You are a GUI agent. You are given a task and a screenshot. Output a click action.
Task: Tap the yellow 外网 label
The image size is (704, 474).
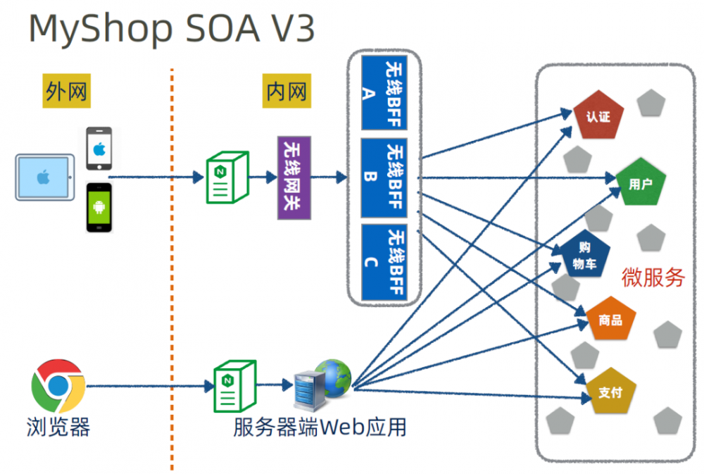tap(68, 91)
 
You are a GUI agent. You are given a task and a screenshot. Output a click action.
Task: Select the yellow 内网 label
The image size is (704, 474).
tap(287, 91)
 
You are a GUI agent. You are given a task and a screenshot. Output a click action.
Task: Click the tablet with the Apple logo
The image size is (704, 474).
tap(45, 177)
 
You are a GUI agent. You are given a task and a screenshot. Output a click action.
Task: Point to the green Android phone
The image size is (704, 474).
tap(99, 207)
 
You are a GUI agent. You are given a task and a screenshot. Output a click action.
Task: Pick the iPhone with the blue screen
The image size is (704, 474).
tap(99, 148)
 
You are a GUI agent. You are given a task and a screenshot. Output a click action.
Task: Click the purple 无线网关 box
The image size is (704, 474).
tap(294, 177)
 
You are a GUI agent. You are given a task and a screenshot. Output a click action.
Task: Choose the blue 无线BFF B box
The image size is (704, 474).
tap(384, 177)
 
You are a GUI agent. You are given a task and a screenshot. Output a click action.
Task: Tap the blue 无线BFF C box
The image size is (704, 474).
tap(384, 262)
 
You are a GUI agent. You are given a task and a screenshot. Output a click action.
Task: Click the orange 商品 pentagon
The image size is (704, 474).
tap(610, 320)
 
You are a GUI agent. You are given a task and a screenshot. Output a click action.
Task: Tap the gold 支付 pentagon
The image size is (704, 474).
tap(610, 392)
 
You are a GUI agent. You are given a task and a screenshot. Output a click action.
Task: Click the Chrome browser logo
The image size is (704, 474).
tap(58, 386)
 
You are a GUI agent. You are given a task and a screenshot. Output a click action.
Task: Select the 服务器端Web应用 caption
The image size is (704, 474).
tap(320, 427)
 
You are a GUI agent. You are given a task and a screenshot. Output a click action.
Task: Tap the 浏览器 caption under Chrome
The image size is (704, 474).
tap(58, 427)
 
